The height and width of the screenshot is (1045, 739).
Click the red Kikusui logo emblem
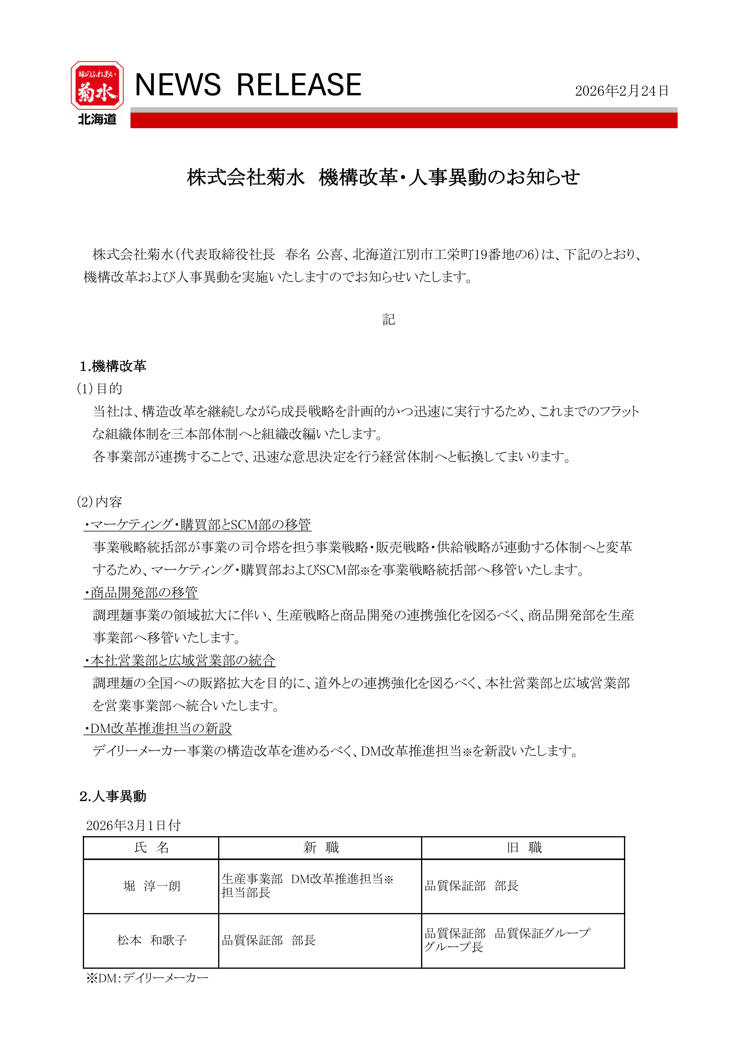[97, 85]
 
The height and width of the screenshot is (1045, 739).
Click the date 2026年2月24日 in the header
[622, 91]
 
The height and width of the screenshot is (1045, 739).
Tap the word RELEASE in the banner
[299, 85]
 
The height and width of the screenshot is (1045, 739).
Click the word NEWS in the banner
[178, 85]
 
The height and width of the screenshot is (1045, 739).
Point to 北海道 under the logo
[97, 119]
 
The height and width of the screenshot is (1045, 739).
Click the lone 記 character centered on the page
[388, 320]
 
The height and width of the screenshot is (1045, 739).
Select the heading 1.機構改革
[113, 366]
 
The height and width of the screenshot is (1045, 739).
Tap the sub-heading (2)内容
[100, 502]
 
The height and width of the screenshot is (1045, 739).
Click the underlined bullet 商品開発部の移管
[141, 593]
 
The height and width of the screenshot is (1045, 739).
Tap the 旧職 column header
[523, 847]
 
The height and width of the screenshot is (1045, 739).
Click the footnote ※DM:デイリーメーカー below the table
[147, 978]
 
